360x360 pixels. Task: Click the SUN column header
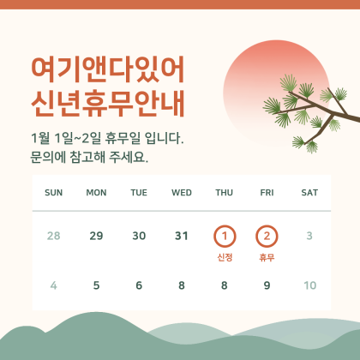coord(53,192)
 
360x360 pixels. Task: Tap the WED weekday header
coord(182,192)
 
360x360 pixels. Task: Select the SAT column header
coord(309,192)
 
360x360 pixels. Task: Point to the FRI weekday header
coord(267,192)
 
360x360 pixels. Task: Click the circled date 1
coord(225,236)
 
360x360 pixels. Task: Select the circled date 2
coord(267,236)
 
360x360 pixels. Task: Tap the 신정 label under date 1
coord(225,257)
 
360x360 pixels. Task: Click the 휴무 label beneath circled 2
coord(267,257)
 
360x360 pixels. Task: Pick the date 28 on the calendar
coord(53,236)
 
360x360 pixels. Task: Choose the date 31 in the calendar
coord(182,236)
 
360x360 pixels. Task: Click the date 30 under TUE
coord(139,236)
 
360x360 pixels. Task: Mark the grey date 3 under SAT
coord(309,236)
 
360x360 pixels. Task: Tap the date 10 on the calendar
coord(309,285)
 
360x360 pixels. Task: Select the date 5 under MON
coord(96,285)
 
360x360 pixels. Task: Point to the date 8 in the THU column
coord(225,285)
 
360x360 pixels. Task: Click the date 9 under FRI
coord(267,285)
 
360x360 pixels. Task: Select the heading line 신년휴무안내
coord(106,101)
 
